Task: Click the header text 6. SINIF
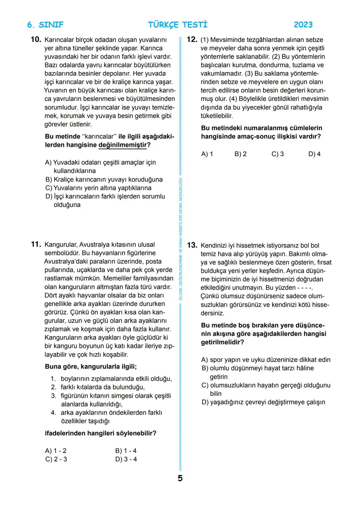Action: pos(45,25)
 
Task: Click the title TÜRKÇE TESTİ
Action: pos(178,25)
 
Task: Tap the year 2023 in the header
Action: pos(303,25)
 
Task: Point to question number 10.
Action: pos(36,40)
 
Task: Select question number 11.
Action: pos(36,245)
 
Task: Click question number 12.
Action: pos(192,40)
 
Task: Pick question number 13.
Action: pos(192,246)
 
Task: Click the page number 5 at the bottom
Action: pos(180,479)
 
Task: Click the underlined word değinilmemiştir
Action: pos(123,145)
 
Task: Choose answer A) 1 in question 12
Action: pos(207,154)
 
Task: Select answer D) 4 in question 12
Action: pos(314,154)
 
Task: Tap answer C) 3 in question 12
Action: pos(277,154)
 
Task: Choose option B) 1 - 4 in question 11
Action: pos(126,451)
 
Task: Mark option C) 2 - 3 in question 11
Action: pos(56,459)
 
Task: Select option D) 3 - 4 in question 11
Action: pos(126,459)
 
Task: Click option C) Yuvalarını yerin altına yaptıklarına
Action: pos(98,188)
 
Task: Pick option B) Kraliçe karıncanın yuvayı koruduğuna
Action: pos(104,180)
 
